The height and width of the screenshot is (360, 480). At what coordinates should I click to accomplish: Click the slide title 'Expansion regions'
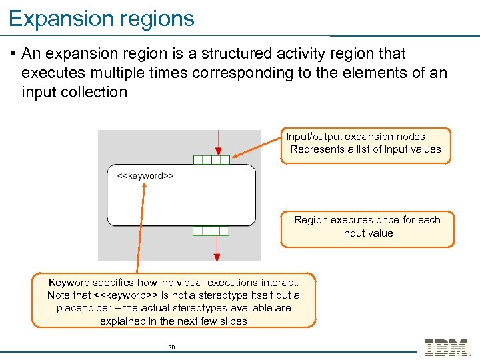click(101, 18)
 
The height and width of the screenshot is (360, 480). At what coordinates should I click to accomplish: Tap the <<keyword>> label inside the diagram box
click(145, 176)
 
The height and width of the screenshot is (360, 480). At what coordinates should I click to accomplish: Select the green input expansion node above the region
click(211, 160)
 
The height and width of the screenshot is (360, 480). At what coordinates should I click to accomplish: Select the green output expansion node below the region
click(211, 231)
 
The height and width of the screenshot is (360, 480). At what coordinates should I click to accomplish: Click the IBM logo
click(446, 347)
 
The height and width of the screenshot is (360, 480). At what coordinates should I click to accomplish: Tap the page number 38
click(171, 347)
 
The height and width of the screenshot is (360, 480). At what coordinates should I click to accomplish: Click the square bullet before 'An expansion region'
click(13, 53)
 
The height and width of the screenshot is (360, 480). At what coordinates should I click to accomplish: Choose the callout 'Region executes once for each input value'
click(367, 227)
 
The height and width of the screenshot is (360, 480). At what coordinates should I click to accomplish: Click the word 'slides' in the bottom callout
click(233, 321)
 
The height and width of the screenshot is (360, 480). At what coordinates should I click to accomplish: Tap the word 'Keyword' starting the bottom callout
click(68, 282)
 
